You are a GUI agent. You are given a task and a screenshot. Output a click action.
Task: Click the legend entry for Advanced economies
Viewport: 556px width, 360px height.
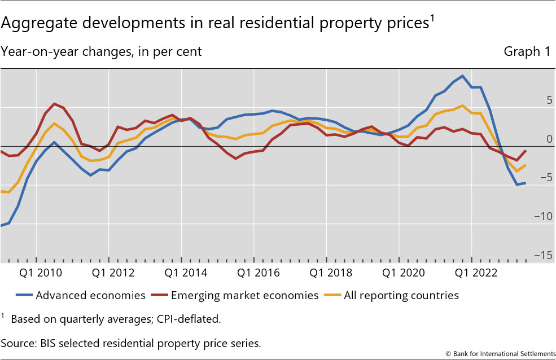coord(90,295)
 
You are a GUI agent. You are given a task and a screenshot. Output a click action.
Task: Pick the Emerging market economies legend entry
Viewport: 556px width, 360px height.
coord(244,295)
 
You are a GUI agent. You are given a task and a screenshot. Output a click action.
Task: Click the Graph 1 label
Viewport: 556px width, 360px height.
coord(527,52)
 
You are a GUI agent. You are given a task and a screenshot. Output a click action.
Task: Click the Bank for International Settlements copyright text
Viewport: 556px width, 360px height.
coord(500,354)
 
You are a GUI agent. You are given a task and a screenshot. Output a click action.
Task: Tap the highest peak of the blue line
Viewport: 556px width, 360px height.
coord(462,76)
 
